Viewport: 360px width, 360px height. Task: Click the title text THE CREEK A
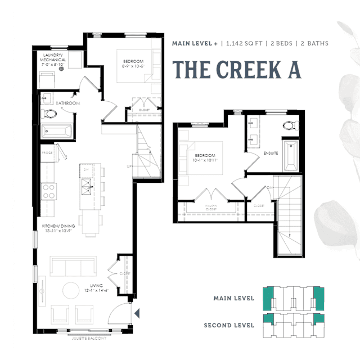coord(236,69)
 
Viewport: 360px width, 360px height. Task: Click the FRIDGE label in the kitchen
coord(47,152)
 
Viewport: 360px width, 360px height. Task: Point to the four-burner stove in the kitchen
coord(48,191)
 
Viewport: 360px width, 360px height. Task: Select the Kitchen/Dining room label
coord(58,229)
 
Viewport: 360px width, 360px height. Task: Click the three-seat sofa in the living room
coord(73,266)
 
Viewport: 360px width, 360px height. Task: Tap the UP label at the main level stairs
coord(129,166)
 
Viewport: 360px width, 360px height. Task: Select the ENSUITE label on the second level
coord(271,153)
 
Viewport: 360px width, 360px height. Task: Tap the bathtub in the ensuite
coord(290,154)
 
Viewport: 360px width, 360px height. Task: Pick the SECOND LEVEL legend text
coord(230,325)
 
